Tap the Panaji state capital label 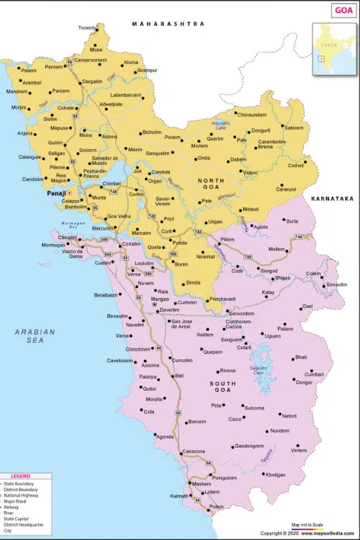pyautogui.click(x=57, y=194)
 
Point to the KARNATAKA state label pyautogui.click(x=332, y=198)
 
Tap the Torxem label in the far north pyautogui.click(x=86, y=28)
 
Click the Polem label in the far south pyautogui.click(x=216, y=507)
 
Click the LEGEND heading pyautogui.click(x=20, y=476)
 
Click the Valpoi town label pyautogui.click(x=250, y=173)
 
